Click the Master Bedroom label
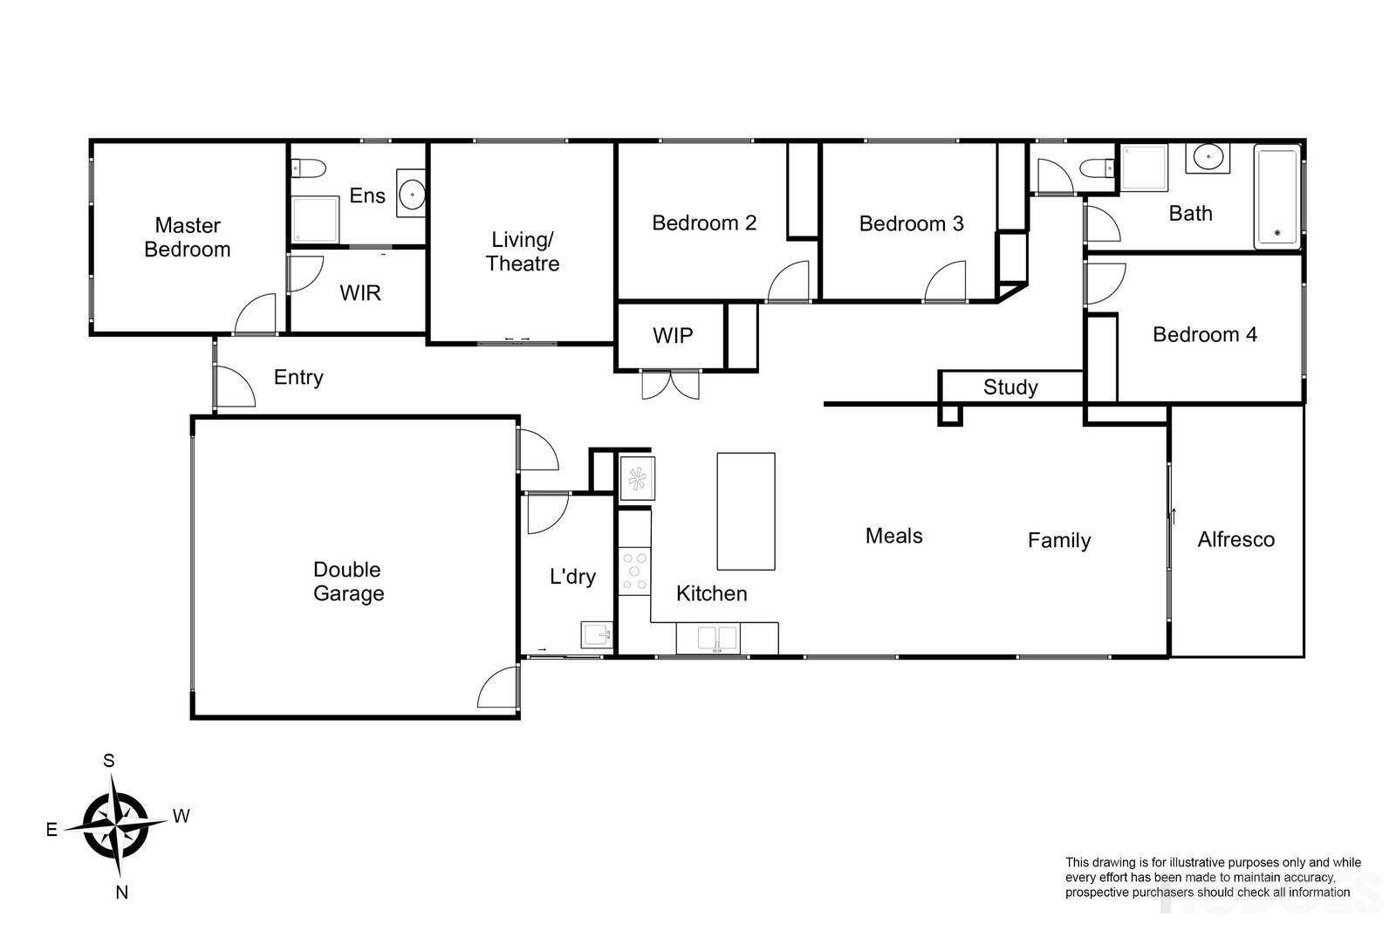pyautogui.click(x=188, y=237)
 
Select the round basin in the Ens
pyautogui.click(x=410, y=194)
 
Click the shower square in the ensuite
pyautogui.click(x=313, y=219)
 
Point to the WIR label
pyautogui.click(x=360, y=292)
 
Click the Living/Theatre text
pyautogui.click(x=522, y=251)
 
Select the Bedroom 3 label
pyautogui.click(x=911, y=223)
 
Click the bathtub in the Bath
pyautogui.click(x=1276, y=197)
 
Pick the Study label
pyautogui.click(x=1010, y=387)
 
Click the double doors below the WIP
pyautogui.click(x=670, y=385)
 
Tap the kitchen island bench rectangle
pyautogui.click(x=746, y=511)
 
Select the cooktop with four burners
pyautogui.click(x=634, y=572)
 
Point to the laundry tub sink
pyautogui.click(x=596, y=634)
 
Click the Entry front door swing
pyautogui.click(x=234, y=388)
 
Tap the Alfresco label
pyautogui.click(x=1235, y=539)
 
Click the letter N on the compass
pyautogui.click(x=122, y=892)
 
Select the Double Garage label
pyautogui.click(x=348, y=581)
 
